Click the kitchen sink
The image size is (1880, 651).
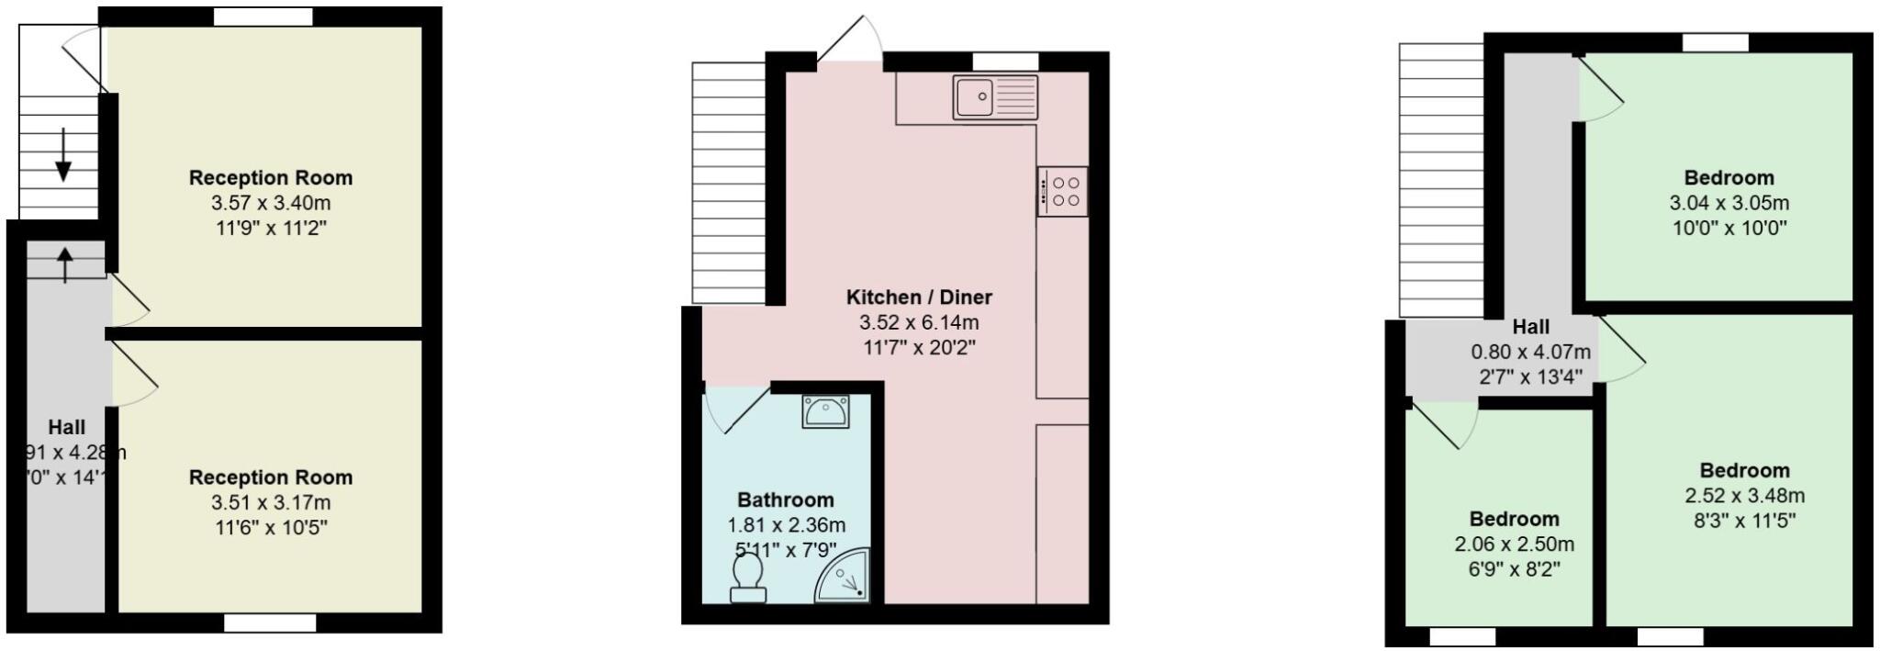click(x=995, y=97)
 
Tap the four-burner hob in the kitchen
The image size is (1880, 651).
click(x=1063, y=192)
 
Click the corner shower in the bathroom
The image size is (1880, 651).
click(x=844, y=577)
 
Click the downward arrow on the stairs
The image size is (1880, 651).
click(x=63, y=154)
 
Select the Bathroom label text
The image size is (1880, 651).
click(x=786, y=500)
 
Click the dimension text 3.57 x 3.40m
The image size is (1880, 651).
click(x=271, y=203)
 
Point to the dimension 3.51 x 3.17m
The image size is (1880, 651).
click(x=271, y=502)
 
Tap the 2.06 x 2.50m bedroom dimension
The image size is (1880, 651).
click(x=1514, y=544)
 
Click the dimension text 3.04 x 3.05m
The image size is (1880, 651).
click(x=1729, y=203)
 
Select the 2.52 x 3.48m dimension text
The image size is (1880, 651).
click(x=1744, y=496)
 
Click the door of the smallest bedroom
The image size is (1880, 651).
click(x=1444, y=424)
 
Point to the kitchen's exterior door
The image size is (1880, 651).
click(x=849, y=39)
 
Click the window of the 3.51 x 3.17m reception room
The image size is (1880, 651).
click(x=270, y=623)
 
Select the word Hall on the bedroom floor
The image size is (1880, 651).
click(x=1531, y=327)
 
